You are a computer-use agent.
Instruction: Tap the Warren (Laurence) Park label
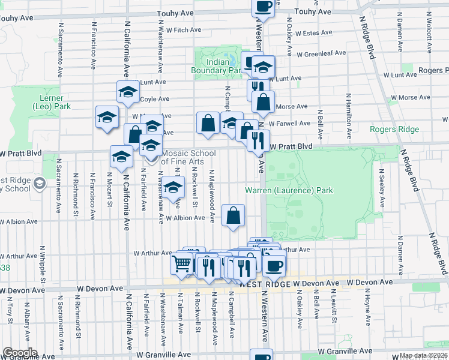[x=289, y=191]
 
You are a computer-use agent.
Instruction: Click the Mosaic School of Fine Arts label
[x=188, y=157]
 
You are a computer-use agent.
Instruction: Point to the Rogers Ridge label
[x=394, y=129]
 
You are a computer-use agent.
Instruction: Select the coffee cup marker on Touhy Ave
[x=263, y=7]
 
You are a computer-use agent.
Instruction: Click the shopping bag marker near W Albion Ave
[x=234, y=215]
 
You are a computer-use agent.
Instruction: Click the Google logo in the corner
[x=19, y=353]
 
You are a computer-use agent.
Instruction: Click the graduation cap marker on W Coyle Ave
[x=128, y=92]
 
